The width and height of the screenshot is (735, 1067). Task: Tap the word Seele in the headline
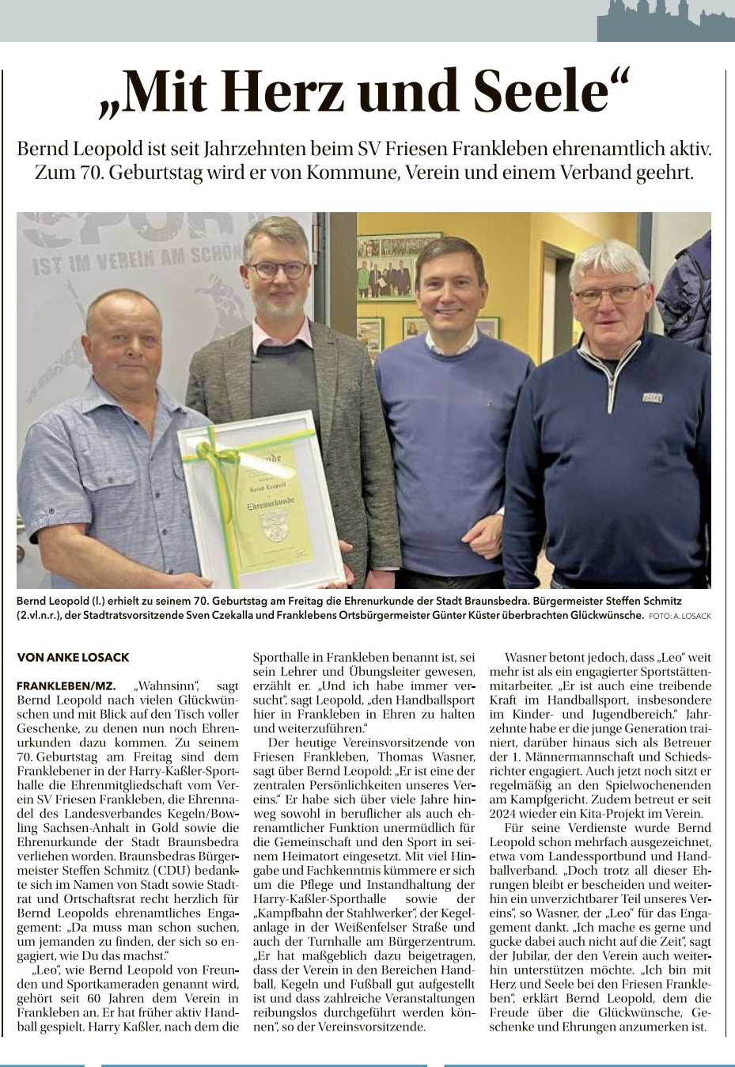[x=546, y=92]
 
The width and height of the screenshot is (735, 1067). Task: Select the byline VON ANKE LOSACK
[x=73, y=657]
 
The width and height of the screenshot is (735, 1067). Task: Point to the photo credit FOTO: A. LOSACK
[x=680, y=616]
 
